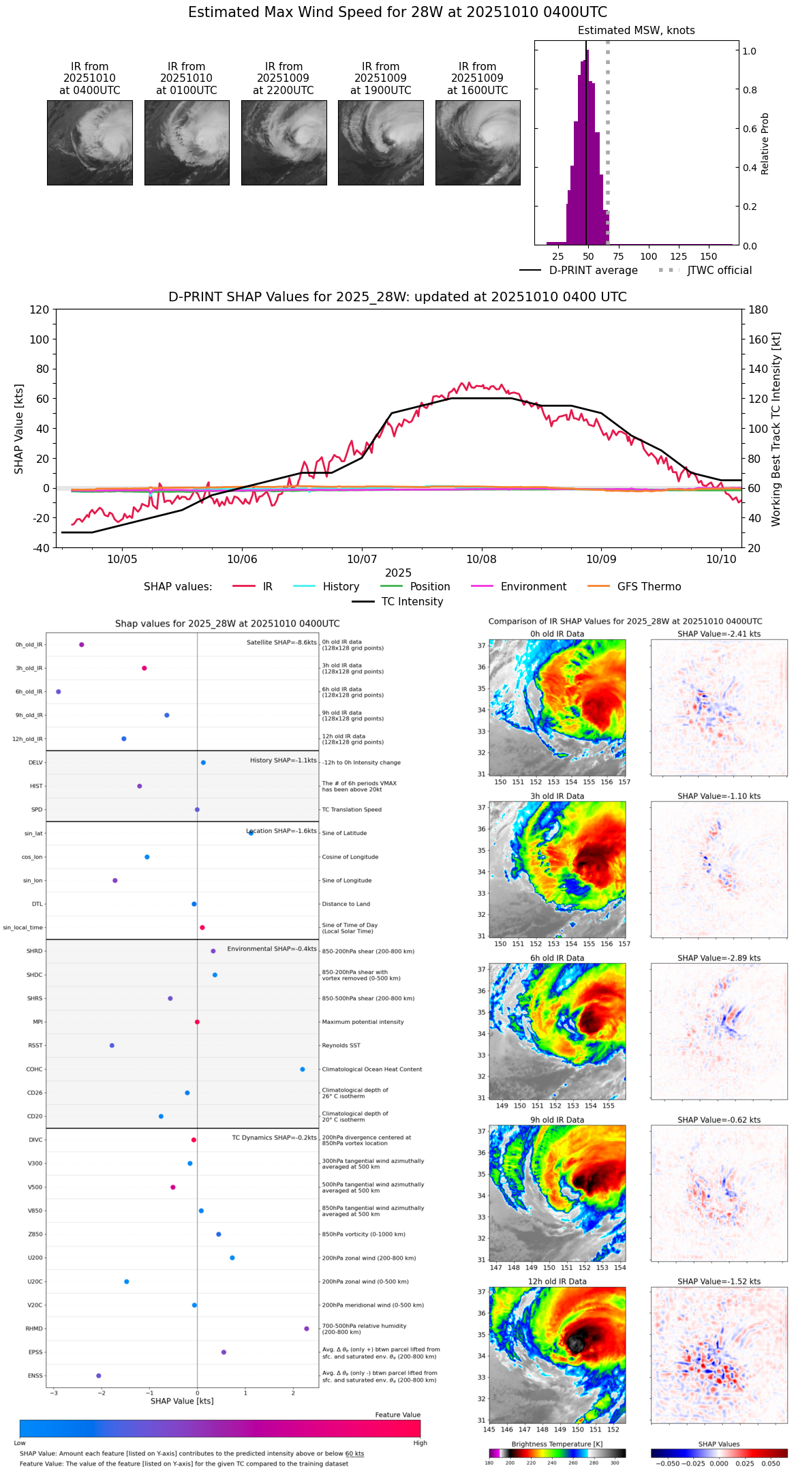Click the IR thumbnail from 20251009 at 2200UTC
(284, 142)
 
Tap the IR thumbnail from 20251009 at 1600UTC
(478, 142)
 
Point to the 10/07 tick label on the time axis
(362, 560)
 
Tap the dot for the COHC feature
(303, 1070)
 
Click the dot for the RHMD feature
(307, 1329)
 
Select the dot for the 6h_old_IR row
(59, 692)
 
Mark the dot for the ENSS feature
(99, 1376)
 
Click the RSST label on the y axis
(35, 1046)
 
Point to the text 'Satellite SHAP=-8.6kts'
(281, 643)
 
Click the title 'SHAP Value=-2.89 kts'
(719, 958)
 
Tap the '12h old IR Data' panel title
(557, 1282)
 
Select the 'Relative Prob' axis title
(765, 144)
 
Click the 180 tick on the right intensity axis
(759, 310)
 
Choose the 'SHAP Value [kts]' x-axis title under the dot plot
(182, 1401)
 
